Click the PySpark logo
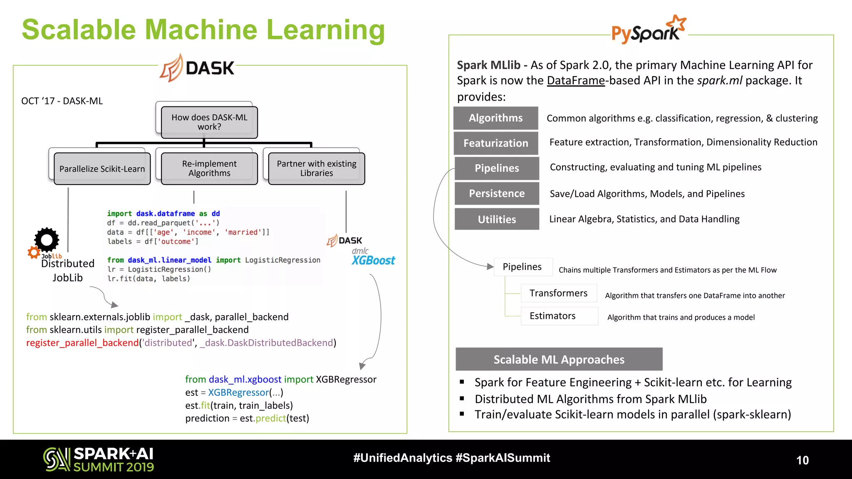point(648,30)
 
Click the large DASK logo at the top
point(198,68)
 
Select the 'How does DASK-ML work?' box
point(209,122)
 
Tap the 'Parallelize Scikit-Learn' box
point(102,169)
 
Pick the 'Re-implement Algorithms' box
point(209,168)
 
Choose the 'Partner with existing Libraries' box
point(317,168)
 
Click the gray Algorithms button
point(495,118)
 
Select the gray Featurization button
point(495,143)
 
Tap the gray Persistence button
point(497,194)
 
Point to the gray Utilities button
point(497,219)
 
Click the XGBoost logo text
point(373,261)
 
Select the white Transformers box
point(558,294)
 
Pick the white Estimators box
point(559,316)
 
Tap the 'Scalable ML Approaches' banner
point(559,360)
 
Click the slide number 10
point(802,460)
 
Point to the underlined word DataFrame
point(575,81)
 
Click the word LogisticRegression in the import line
point(282,260)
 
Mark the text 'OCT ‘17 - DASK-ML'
point(62,101)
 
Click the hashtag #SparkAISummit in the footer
point(503,458)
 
